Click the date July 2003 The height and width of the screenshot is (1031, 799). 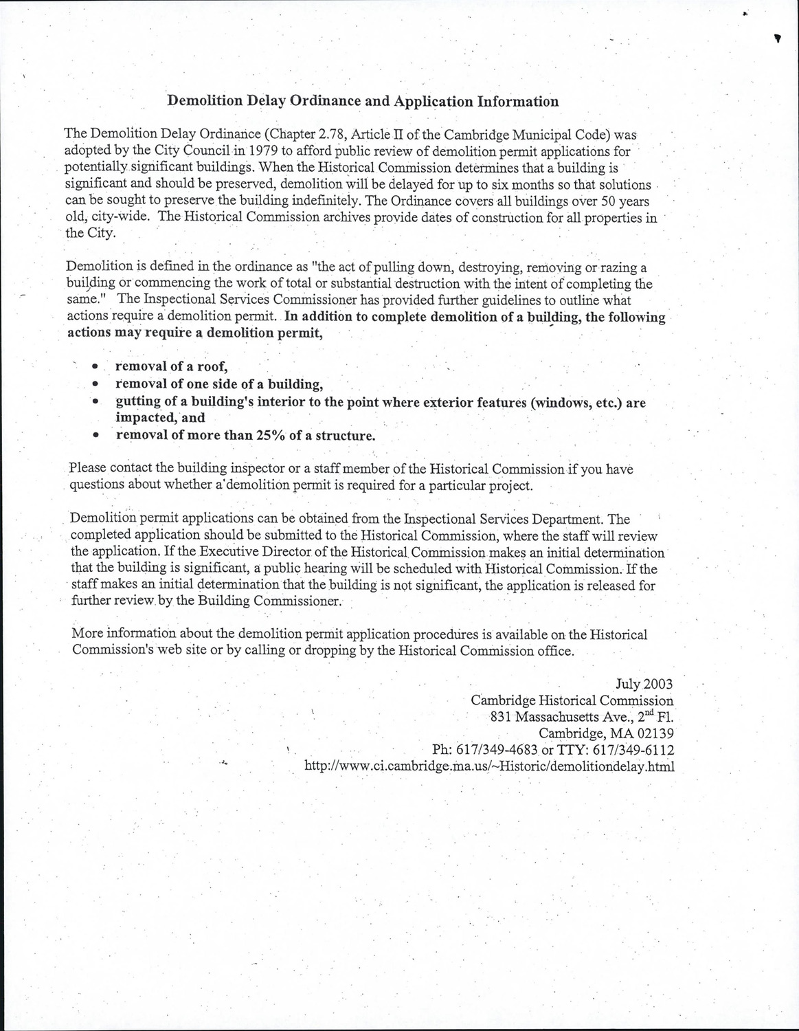[644, 684]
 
